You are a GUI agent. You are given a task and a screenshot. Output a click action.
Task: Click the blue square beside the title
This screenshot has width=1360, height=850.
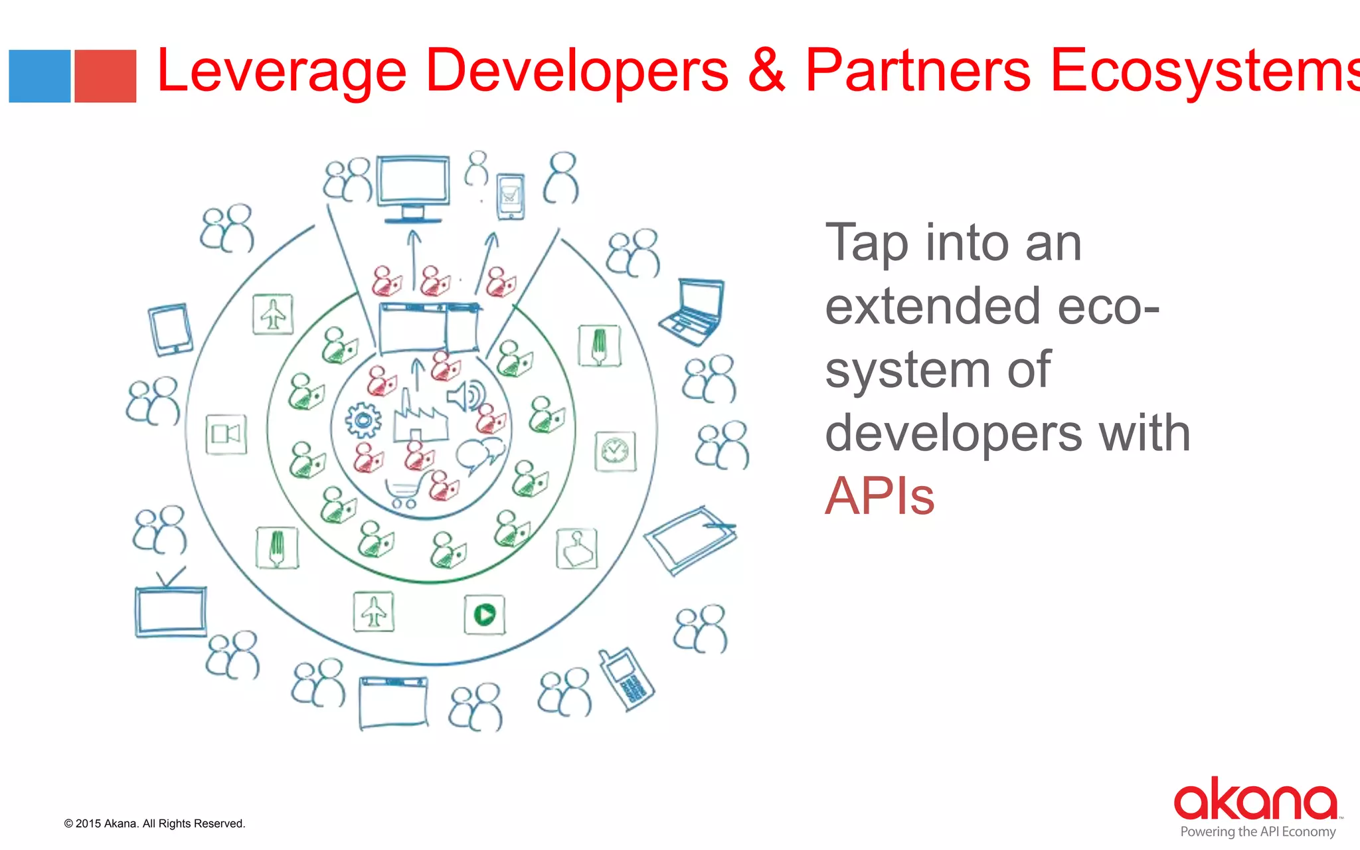pos(39,76)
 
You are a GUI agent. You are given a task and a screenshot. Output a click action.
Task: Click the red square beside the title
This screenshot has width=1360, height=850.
pos(105,76)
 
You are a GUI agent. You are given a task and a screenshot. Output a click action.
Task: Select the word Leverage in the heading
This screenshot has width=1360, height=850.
pos(282,71)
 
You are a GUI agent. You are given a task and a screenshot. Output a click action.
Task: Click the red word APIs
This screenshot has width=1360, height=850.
pos(879,495)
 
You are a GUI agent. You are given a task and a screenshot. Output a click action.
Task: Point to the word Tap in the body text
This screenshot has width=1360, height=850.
pos(867,244)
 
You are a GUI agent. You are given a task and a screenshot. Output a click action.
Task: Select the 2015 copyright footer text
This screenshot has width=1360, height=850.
pos(155,823)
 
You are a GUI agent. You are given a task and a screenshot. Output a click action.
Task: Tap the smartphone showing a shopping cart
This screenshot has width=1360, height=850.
pos(510,196)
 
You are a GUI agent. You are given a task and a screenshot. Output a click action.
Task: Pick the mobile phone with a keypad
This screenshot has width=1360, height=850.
pos(626,679)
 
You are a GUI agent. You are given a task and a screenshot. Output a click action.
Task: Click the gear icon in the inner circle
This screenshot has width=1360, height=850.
pos(363,420)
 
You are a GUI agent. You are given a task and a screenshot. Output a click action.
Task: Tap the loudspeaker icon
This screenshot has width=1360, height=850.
pos(466,396)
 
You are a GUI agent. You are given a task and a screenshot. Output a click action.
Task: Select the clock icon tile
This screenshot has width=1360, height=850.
pos(615,452)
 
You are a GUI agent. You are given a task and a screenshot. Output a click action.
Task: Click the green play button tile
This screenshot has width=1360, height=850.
pos(484,614)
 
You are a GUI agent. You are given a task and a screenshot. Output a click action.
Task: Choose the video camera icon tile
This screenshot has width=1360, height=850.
pos(226,434)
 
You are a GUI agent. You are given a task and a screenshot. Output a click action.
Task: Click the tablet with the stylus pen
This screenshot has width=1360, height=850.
pos(691,540)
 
